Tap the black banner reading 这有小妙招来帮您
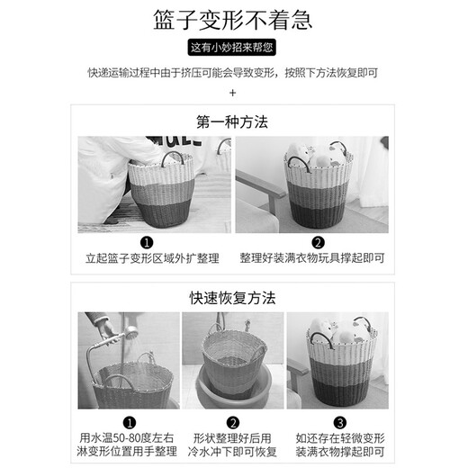[x=234, y=48]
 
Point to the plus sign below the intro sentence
[x=233, y=92]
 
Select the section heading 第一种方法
[x=233, y=121]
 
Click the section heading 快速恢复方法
[x=233, y=296]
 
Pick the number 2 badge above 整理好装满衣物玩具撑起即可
[x=318, y=242]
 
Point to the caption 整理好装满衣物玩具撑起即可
[x=311, y=257]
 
